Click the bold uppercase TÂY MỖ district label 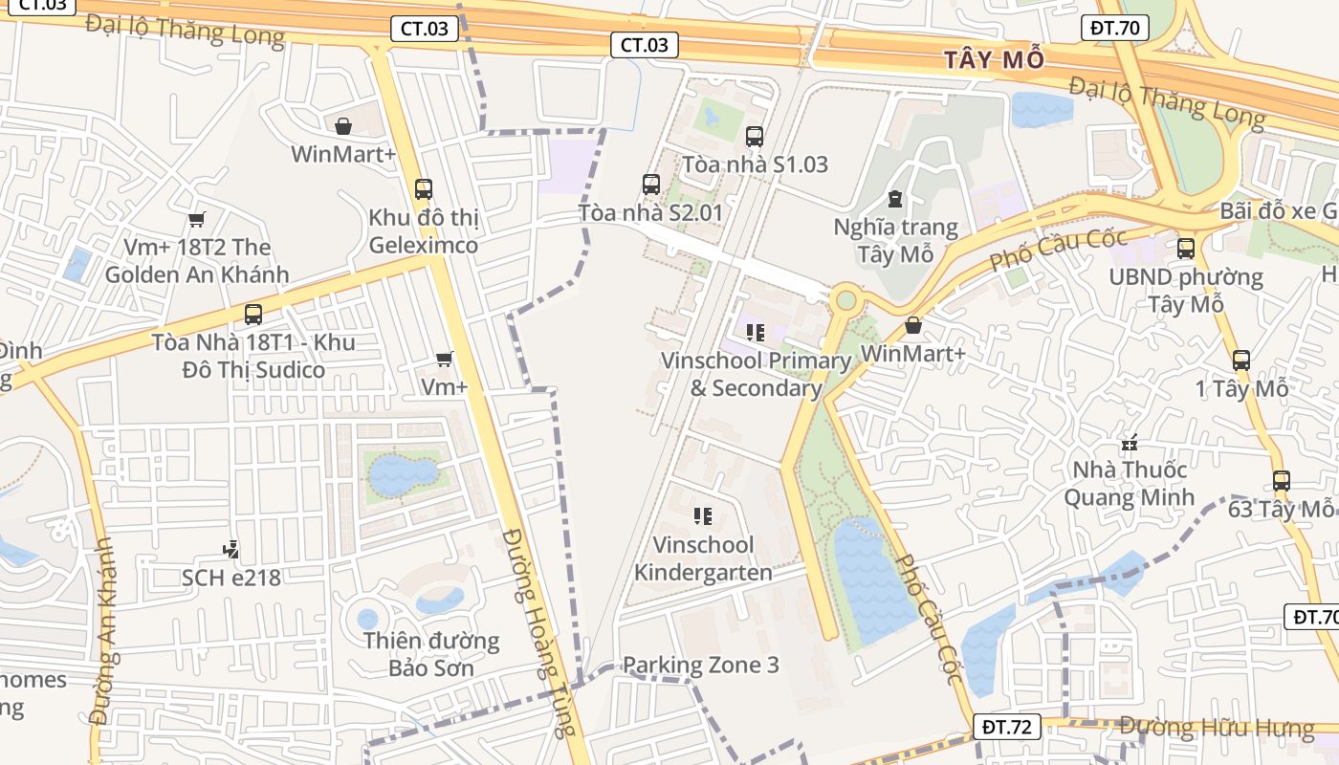[994, 59]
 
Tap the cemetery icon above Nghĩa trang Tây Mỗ [894, 199]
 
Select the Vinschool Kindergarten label [703, 558]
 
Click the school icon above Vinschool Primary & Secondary [756, 333]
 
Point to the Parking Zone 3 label [700, 665]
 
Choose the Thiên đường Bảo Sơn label [430, 653]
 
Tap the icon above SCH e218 [230, 550]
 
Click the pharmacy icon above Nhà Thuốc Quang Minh [1130, 443]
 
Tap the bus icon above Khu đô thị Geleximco [424, 189]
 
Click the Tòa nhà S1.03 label [755, 164]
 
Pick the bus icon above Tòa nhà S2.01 [651, 184]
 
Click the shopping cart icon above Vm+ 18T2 [197, 220]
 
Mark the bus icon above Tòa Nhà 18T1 [253, 314]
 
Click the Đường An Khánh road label [103, 630]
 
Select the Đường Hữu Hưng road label [1217, 728]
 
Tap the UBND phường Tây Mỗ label [1186, 291]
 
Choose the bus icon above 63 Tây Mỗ [1281, 480]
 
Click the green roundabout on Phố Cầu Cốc [845, 300]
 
